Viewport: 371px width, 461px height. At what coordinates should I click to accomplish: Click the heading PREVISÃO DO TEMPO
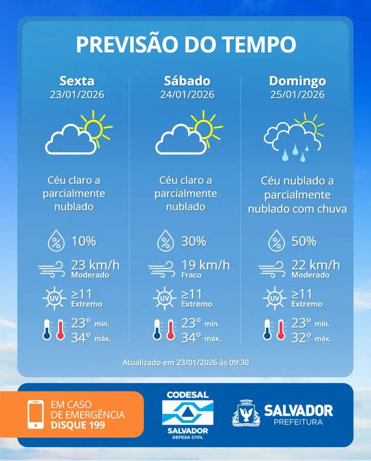pyautogui.click(x=186, y=45)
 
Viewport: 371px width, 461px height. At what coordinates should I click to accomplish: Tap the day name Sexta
pyautogui.click(x=77, y=81)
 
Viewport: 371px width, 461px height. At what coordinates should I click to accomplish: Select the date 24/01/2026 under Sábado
pyautogui.click(x=187, y=95)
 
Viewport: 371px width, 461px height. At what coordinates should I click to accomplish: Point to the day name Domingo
pyautogui.click(x=297, y=81)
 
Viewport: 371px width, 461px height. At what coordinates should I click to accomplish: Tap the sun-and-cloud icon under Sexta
pyautogui.click(x=78, y=133)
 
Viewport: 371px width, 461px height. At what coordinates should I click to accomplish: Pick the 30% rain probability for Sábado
pyautogui.click(x=194, y=240)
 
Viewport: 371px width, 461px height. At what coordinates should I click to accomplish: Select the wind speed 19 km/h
pyautogui.click(x=205, y=265)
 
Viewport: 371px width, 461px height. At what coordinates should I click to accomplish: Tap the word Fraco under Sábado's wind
pyautogui.click(x=191, y=275)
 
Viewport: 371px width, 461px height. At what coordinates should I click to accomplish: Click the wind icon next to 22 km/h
pyautogui.click(x=272, y=267)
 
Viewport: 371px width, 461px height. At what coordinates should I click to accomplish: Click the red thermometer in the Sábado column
pyautogui.click(x=171, y=330)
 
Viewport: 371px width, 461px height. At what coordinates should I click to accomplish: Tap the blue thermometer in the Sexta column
pyautogui.click(x=48, y=330)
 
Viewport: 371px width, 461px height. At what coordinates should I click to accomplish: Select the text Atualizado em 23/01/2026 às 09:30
pyautogui.click(x=186, y=363)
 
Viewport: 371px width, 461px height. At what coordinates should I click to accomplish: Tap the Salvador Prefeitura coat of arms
pyautogui.click(x=245, y=413)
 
